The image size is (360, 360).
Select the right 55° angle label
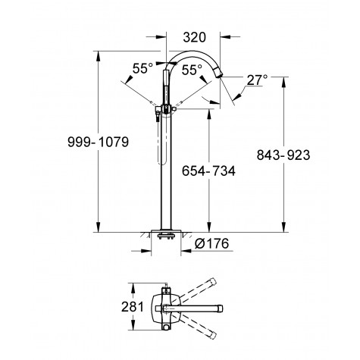tap(192, 68)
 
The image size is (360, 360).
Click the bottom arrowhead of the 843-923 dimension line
tap(285, 227)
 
